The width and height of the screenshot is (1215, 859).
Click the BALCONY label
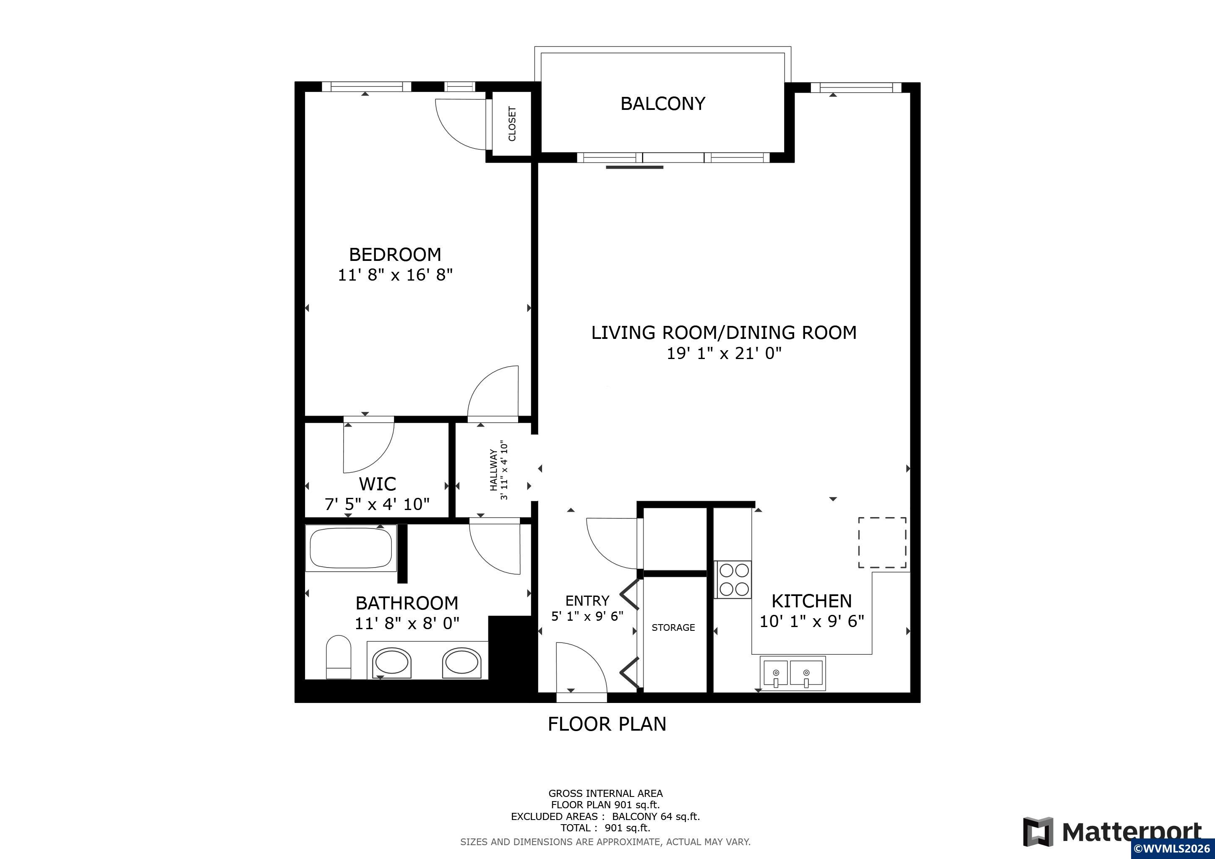tap(662, 104)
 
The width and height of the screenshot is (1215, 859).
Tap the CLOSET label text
tap(512, 124)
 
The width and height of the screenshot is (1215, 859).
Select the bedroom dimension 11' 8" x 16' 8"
tap(395, 275)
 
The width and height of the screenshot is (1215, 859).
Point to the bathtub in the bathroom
tap(351, 548)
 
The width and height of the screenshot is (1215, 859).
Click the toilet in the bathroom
tap(339, 657)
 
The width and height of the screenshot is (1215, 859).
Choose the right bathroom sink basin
tap(462, 663)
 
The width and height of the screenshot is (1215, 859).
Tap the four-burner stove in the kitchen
tap(733, 580)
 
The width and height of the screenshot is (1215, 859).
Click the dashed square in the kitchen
tap(882, 543)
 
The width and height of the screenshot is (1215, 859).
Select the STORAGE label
tap(673, 628)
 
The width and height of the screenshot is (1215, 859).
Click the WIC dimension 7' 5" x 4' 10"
tap(377, 505)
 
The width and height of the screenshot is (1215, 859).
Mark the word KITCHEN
tap(812, 601)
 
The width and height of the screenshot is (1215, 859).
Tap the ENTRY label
tap(587, 601)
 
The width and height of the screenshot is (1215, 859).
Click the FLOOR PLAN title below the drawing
tap(607, 724)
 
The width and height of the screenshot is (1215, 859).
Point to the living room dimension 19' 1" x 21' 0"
tap(724, 353)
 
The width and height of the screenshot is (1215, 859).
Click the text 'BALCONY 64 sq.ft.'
tap(656, 817)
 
